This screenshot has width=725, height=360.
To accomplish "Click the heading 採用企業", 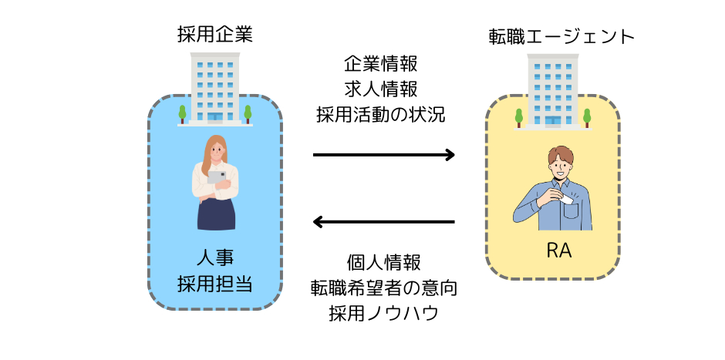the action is [215, 35].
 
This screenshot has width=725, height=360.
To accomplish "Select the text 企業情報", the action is [380, 64].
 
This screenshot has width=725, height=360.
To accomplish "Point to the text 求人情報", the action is [380, 89].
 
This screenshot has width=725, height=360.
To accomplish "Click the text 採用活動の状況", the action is [380, 115].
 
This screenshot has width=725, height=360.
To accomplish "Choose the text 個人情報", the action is [384, 263].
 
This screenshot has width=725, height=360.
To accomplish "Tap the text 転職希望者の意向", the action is [384, 288].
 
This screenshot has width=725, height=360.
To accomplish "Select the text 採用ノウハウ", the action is [384, 313].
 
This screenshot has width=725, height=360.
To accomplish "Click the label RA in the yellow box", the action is [559, 251].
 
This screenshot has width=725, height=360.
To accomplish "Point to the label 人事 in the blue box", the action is [215, 258].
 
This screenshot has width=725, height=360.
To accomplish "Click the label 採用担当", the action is [215, 283].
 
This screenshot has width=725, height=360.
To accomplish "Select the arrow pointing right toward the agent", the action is [384, 154].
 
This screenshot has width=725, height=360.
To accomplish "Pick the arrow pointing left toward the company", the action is [384, 222].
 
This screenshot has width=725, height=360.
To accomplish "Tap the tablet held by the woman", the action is [216, 177].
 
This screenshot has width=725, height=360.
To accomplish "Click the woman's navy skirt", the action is [216, 214].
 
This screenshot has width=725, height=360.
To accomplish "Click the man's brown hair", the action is [561, 156].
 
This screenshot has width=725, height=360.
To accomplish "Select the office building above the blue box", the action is [215, 89].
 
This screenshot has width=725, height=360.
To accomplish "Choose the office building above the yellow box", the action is [553, 90].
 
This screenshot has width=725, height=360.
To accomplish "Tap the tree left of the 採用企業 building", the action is [182, 114].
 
